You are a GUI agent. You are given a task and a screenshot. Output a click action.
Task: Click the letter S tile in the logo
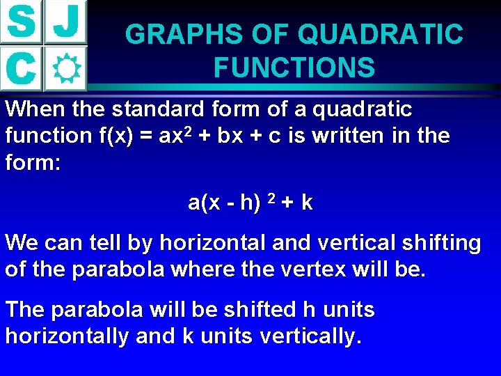click(22, 22)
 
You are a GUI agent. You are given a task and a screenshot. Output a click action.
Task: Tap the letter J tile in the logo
click(66, 22)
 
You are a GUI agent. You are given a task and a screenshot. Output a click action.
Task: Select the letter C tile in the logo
click(21, 68)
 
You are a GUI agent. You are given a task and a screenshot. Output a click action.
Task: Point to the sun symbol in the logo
click(66, 68)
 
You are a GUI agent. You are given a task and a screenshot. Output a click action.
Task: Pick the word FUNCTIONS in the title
click(294, 68)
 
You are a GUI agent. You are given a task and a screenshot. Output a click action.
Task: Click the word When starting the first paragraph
click(31, 109)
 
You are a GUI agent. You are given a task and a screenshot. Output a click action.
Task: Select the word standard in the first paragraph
click(150, 109)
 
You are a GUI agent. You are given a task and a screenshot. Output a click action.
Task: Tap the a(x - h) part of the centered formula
click(223, 203)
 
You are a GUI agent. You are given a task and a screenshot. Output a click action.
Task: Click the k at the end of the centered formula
click(307, 203)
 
